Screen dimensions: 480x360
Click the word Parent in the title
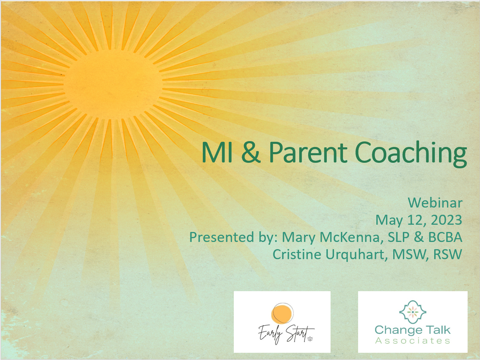(308, 152)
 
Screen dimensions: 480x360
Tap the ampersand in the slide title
(251, 152)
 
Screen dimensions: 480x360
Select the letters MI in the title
(217, 152)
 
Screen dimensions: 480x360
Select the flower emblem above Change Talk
(413, 312)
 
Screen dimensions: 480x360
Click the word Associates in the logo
(413, 340)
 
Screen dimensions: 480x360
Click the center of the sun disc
(113, 85)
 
